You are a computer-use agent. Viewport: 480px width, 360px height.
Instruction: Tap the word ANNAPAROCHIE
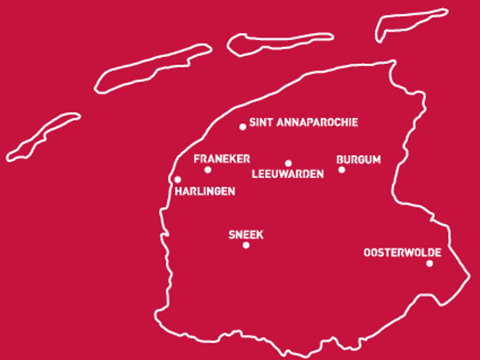[317, 123]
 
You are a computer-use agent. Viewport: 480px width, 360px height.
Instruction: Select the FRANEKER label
[222, 159]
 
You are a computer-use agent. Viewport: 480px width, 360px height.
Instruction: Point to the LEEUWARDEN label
[288, 174]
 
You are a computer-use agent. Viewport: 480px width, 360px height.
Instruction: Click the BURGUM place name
[358, 160]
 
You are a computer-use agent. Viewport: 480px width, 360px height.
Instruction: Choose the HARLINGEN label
[205, 191]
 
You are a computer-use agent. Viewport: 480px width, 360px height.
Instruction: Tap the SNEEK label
[246, 235]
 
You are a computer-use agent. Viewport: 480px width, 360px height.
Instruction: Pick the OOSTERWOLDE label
[402, 253]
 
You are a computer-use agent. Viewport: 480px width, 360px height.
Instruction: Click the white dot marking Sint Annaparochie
[243, 127]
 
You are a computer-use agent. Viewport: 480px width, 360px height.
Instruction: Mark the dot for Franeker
[208, 170]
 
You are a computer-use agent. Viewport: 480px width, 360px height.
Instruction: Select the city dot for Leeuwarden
[288, 163]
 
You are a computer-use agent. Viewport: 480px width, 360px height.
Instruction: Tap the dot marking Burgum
[342, 169]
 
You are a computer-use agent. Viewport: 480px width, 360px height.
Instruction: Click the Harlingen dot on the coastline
[178, 180]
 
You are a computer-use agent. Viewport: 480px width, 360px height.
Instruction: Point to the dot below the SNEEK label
[246, 245]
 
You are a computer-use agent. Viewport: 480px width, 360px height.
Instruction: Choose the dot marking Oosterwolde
[429, 263]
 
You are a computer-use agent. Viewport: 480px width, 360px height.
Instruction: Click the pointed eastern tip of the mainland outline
[469, 276]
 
